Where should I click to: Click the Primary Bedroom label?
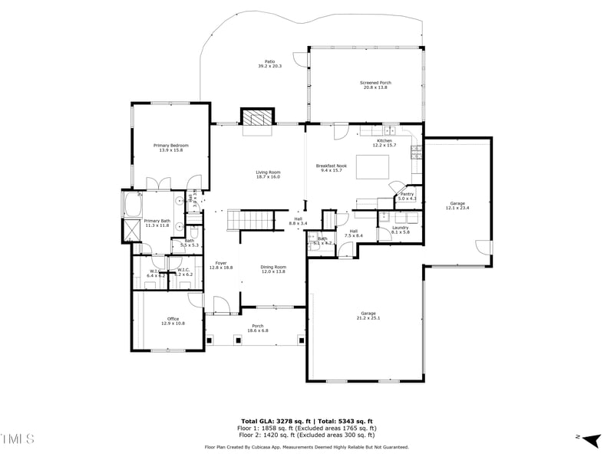pyautogui.click(x=170, y=145)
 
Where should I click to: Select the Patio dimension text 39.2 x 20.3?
pyautogui.click(x=269, y=67)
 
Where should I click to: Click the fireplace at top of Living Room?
pyautogui.click(x=256, y=117)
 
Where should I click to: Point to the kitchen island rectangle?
pyautogui.click(x=372, y=166)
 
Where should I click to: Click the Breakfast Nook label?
pyautogui.click(x=332, y=166)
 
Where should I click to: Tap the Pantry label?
pyautogui.click(x=407, y=195)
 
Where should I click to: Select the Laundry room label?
pyautogui.click(x=400, y=227)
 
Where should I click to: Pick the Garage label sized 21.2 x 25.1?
pyautogui.click(x=368, y=313)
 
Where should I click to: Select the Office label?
pyautogui.click(x=173, y=319)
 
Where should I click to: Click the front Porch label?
pyautogui.click(x=258, y=326)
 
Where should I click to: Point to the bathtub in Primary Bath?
pyautogui.click(x=132, y=205)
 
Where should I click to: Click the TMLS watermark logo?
pyautogui.click(x=17, y=439)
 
